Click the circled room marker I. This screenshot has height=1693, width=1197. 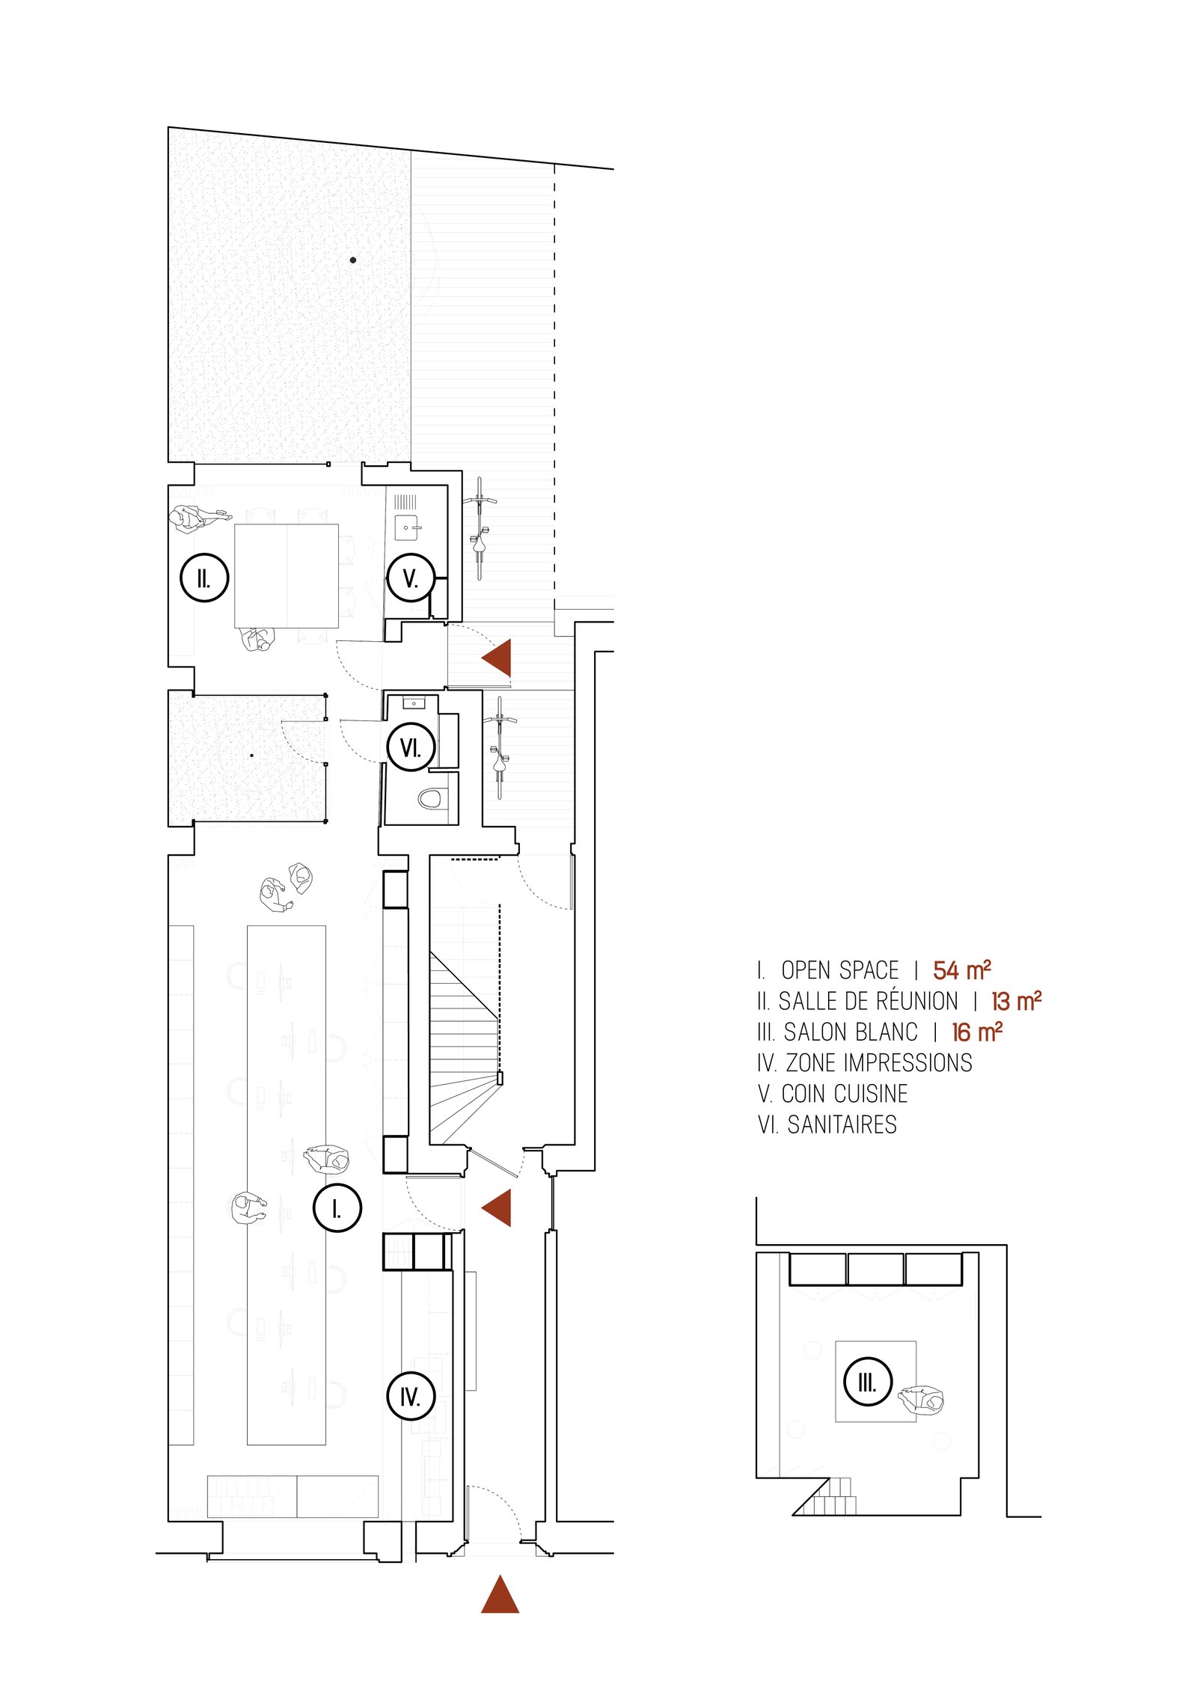click(x=337, y=1207)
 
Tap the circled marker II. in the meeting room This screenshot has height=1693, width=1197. click(x=204, y=578)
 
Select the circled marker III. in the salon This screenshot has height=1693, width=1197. click(x=868, y=1381)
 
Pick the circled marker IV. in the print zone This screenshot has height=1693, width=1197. click(x=411, y=1396)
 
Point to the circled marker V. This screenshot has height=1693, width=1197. click(x=411, y=578)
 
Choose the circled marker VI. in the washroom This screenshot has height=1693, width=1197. click(x=411, y=747)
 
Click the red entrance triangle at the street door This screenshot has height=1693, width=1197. click(x=500, y=1593)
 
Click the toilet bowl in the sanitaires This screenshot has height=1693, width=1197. click(x=429, y=798)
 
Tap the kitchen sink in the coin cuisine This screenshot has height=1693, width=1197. click(x=407, y=527)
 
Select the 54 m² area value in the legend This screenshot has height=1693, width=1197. click(x=962, y=970)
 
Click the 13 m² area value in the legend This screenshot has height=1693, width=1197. click(x=1016, y=1001)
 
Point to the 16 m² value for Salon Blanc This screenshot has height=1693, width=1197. click(x=977, y=1032)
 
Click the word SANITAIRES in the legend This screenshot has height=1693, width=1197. click(x=842, y=1124)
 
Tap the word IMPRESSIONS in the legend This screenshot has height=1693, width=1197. click(x=902, y=1062)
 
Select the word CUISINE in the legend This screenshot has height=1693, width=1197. click(x=872, y=1094)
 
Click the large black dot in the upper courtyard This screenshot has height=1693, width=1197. click(x=353, y=260)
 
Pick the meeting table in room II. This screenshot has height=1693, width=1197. click(x=287, y=575)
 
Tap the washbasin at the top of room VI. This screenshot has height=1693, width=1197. click(x=414, y=703)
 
